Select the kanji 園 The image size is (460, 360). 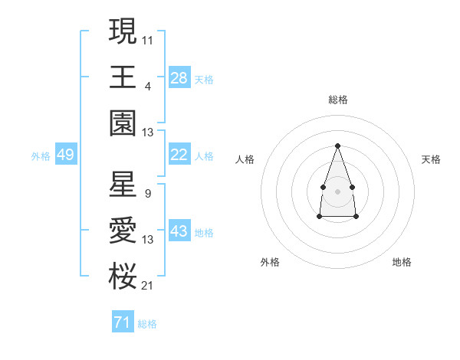(123, 123)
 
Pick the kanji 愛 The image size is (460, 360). (123, 231)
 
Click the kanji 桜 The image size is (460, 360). (123, 277)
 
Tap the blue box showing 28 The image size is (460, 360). (179, 78)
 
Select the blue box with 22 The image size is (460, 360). (179, 155)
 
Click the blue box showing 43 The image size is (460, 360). (179, 231)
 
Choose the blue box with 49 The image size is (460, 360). (65, 155)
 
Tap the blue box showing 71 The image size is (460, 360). (122, 322)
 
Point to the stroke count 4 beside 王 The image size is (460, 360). (147, 86)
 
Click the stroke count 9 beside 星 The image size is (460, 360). (147, 194)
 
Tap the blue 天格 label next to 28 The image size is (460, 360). (204, 79)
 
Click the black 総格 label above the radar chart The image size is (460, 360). (338, 100)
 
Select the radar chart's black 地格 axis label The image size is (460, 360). (402, 262)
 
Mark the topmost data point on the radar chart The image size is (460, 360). (337, 146)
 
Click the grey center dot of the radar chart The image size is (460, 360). (337, 190)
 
